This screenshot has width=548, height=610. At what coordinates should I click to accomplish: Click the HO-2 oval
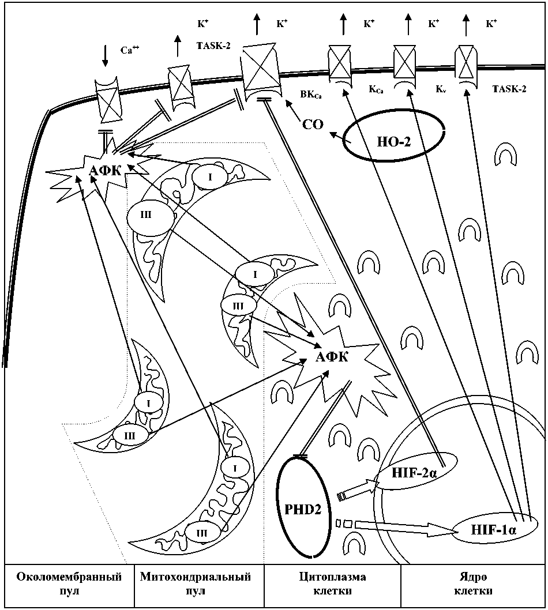[393, 141]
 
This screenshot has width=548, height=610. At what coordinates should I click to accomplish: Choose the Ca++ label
[130, 50]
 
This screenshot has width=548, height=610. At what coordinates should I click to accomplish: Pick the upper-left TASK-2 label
[213, 45]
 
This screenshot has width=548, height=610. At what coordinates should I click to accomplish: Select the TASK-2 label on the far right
[509, 90]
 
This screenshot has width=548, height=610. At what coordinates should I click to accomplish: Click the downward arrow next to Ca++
[104, 55]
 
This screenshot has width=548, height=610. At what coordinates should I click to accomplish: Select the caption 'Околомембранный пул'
[69, 584]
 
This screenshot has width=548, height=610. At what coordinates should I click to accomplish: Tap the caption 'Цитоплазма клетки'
[332, 584]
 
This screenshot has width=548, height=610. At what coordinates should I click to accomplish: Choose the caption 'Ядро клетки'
[473, 584]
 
